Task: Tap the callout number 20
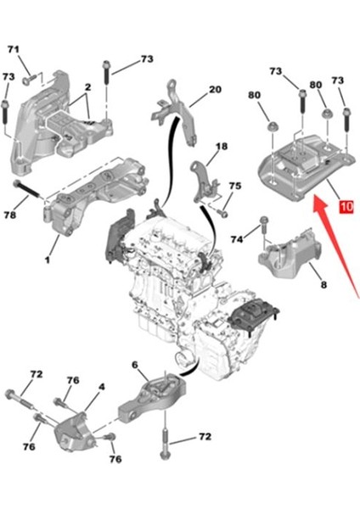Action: (x=214, y=89)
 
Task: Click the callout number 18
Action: (x=221, y=147)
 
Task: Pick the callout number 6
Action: (x=133, y=365)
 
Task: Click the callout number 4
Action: (x=101, y=387)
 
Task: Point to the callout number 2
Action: (x=87, y=87)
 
